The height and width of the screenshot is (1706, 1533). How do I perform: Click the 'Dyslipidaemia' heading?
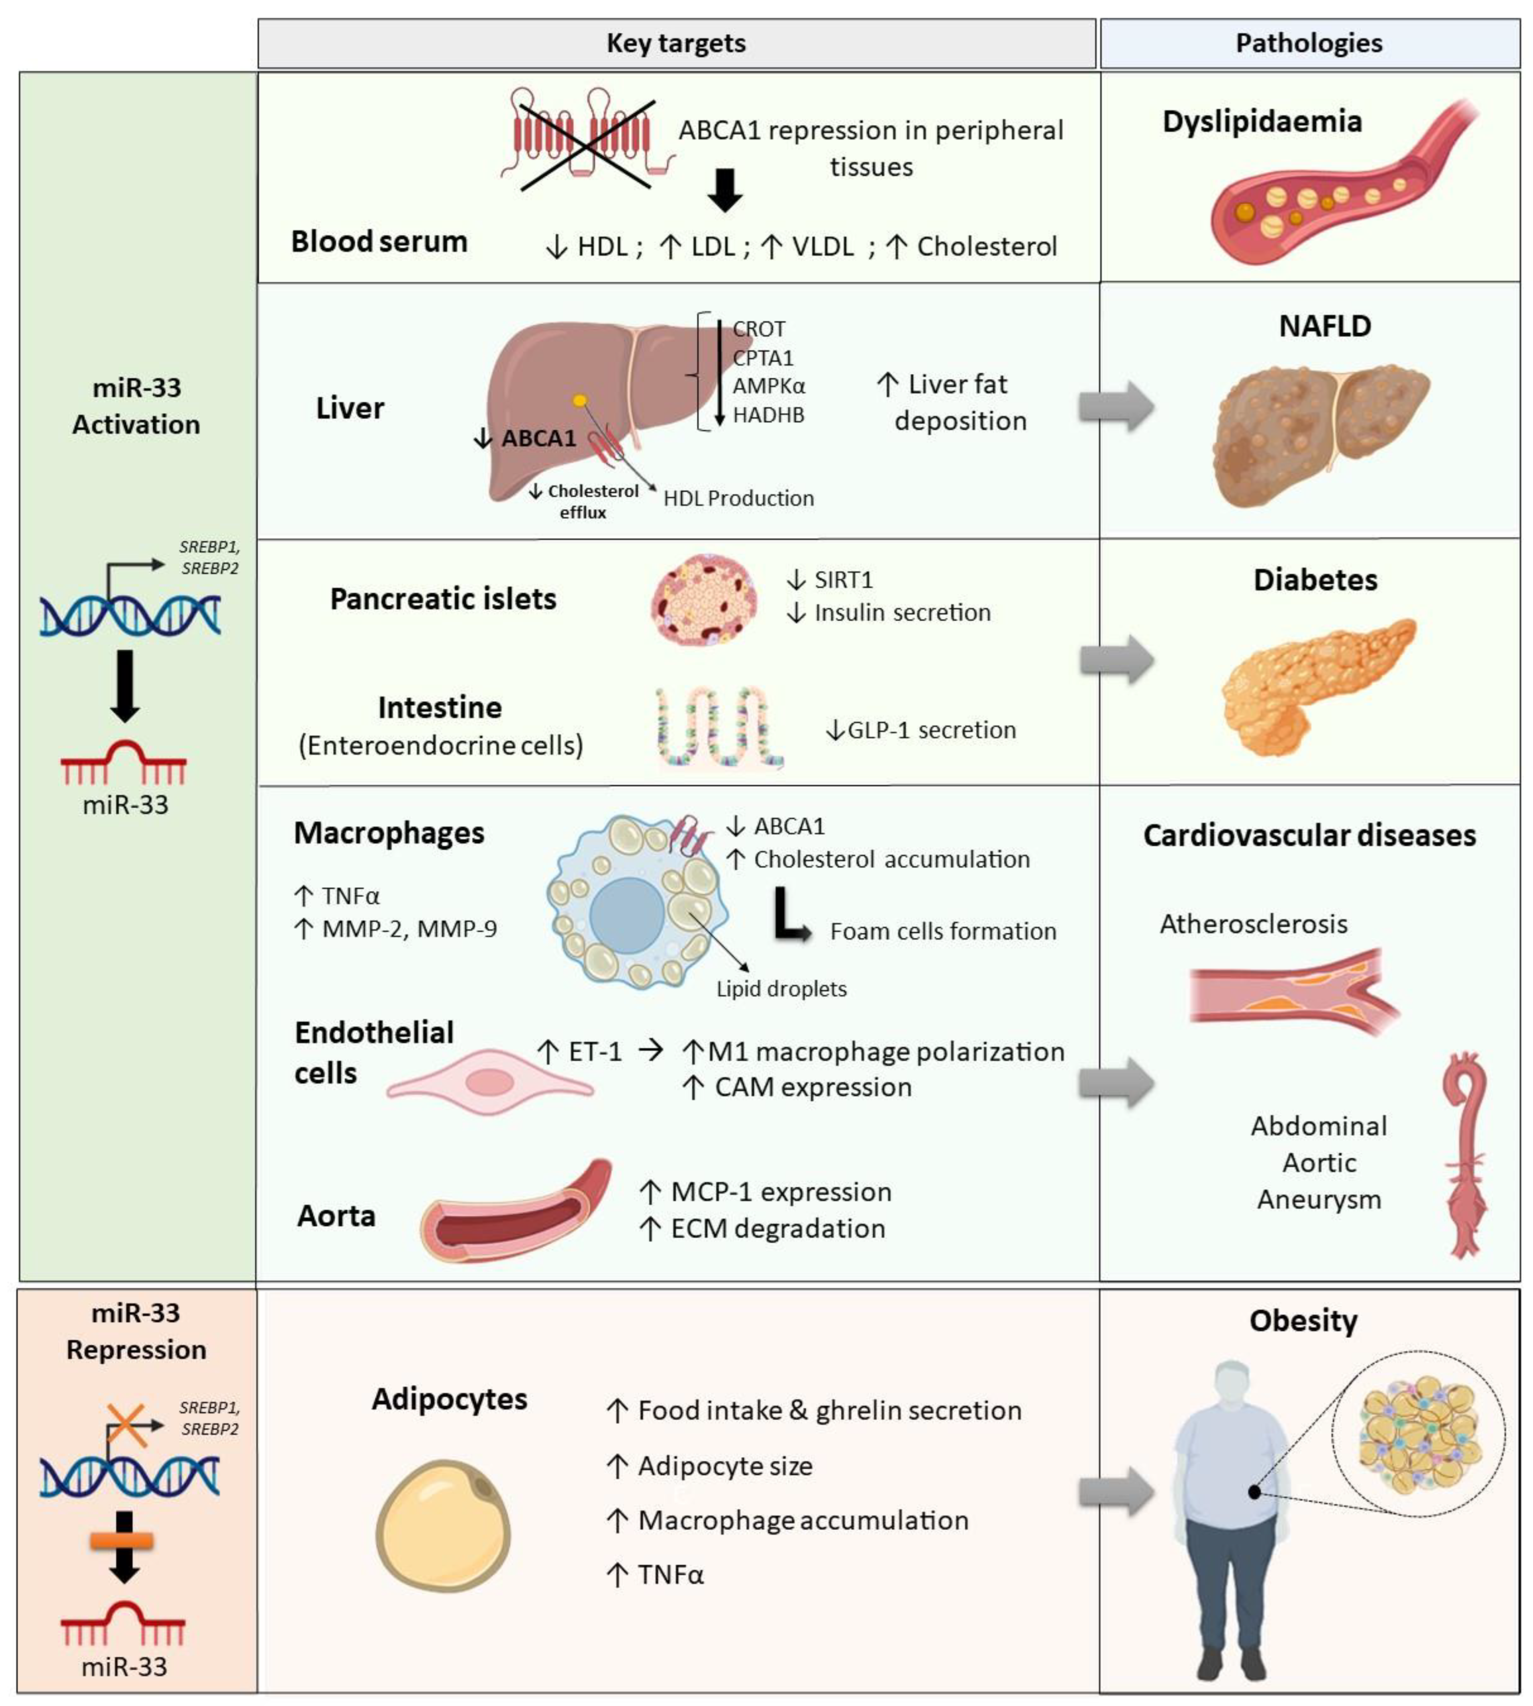[1262, 122]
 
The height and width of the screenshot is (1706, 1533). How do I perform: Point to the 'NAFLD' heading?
[1324, 326]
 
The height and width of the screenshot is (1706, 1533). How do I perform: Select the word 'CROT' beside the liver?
[759, 329]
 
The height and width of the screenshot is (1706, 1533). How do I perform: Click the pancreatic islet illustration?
[704, 599]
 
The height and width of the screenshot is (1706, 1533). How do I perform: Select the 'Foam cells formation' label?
[943, 931]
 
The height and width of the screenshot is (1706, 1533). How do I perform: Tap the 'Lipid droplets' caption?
[781, 988]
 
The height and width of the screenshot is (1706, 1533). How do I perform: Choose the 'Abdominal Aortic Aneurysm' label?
[1318, 1163]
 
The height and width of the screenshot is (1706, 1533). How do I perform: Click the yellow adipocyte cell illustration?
[443, 1525]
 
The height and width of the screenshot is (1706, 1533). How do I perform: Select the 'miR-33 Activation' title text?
[137, 406]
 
